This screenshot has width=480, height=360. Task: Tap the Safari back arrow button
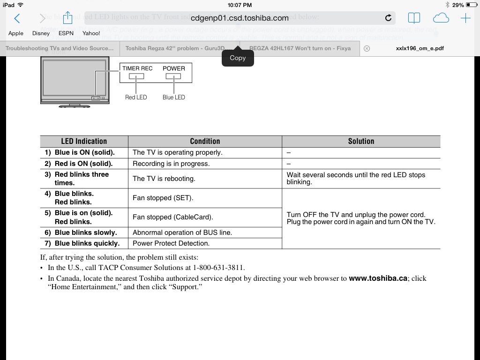pos(17,18)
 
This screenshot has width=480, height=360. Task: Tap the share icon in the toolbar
pos(68,18)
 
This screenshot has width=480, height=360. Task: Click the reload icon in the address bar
pos(388,18)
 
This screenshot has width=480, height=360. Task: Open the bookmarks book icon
pos(414,18)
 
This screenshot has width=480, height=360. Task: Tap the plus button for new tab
pos(465,18)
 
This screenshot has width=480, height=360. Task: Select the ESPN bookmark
pos(66,33)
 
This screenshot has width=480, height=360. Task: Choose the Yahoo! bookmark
pos(91,33)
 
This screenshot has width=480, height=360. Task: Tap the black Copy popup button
pos(238,58)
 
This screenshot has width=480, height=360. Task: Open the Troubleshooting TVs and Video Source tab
pos(60,48)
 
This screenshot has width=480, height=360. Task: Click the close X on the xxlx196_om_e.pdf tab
pos(367,48)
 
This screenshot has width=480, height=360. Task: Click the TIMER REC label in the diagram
pos(137,68)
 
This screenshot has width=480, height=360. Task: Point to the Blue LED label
pos(173,97)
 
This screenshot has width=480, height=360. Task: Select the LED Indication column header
pos(84,141)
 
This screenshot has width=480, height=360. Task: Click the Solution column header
pos(361,141)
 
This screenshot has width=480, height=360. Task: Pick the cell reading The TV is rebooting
pos(164,179)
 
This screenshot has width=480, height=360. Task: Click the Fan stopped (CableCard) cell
pos(173,217)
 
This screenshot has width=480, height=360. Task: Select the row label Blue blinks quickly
pos(87,243)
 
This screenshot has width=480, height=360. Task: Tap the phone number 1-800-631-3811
pos(218,268)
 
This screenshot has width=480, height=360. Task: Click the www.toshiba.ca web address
pos(378,278)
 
